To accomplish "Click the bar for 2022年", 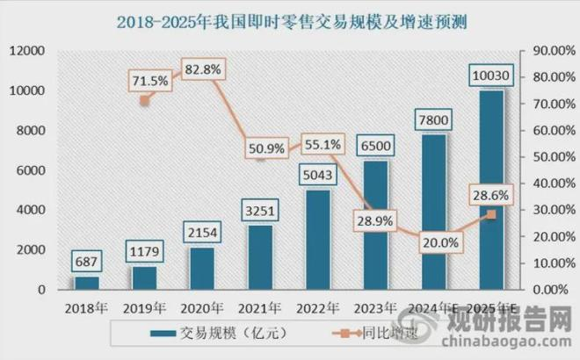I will [x=318, y=240].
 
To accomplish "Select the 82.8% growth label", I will [x=203, y=68].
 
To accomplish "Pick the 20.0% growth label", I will [x=439, y=241].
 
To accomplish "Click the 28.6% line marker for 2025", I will [x=491, y=214].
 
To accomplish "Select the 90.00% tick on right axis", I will [x=547, y=51].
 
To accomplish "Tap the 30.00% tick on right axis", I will [x=547, y=210].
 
